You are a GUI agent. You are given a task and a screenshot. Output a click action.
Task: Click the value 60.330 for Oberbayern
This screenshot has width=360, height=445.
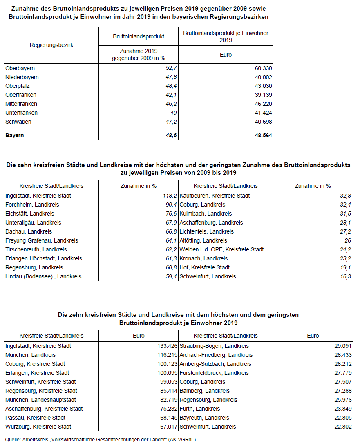263,68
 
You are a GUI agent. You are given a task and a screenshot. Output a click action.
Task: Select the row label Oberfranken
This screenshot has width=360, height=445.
21,95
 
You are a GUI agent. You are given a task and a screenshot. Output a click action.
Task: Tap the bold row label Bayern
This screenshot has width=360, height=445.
15,135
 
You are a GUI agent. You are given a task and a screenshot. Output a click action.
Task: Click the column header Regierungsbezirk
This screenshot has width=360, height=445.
51,45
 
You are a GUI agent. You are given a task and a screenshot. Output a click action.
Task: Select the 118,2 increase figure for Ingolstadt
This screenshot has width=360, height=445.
169,196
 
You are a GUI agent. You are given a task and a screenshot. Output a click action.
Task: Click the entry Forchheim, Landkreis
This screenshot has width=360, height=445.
32,205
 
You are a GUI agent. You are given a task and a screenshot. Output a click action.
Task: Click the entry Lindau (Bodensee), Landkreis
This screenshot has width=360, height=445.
43,276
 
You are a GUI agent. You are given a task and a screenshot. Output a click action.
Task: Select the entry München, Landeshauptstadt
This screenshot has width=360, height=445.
40,400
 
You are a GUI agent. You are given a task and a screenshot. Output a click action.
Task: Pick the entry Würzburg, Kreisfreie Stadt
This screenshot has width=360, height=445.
38,427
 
